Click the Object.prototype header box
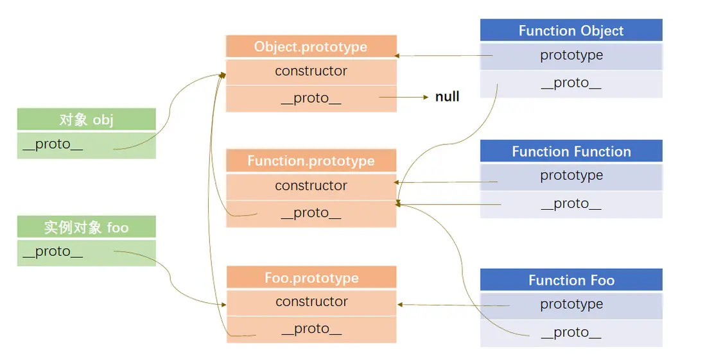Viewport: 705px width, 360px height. pos(311,47)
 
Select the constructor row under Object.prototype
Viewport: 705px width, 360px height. pos(311,71)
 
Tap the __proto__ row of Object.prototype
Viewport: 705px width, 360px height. pos(311,99)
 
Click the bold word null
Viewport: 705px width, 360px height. pos(447,97)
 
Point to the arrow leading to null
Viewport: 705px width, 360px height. pos(405,98)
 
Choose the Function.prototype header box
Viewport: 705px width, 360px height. pos(311,161)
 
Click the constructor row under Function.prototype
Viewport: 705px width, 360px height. pos(311,186)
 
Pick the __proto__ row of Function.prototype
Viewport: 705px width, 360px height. pos(311,214)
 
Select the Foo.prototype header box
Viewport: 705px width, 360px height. pos(311,278)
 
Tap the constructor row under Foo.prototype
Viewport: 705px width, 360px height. pos(311,302)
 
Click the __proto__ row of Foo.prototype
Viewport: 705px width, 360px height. pos(311,329)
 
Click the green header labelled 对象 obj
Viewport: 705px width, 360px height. pos(86,120)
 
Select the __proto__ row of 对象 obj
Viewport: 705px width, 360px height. pos(86,145)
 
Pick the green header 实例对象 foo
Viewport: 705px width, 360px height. pos(86,228)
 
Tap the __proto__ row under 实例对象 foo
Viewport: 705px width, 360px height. pos(86,252)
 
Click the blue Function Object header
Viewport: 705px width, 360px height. pos(571,31)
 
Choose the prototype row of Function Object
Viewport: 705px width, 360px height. pos(571,56)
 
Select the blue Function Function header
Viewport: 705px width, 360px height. pos(571,151)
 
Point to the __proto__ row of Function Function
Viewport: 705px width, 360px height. pos(571,204)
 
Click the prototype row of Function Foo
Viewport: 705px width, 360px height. pos(571,305)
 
